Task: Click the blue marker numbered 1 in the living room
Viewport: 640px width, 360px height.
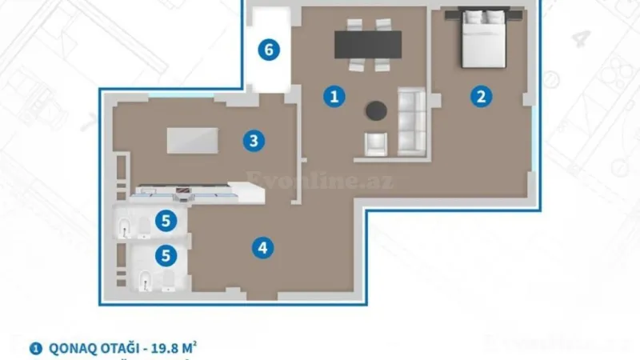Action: tap(334, 97)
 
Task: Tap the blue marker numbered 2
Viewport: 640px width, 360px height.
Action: tap(480, 97)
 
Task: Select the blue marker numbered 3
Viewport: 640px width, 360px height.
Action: tap(253, 142)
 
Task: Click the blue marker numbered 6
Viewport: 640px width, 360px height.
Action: tap(269, 50)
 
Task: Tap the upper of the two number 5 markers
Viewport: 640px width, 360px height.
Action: tap(166, 218)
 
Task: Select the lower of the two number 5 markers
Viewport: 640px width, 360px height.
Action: tap(166, 256)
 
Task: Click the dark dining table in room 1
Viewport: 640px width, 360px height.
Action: tap(368, 44)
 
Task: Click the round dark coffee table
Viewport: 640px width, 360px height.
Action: tap(376, 110)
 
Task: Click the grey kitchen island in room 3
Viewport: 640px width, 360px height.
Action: tap(193, 140)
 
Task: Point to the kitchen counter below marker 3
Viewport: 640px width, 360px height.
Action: tap(196, 192)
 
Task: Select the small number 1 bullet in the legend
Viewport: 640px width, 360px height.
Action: tap(35, 348)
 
